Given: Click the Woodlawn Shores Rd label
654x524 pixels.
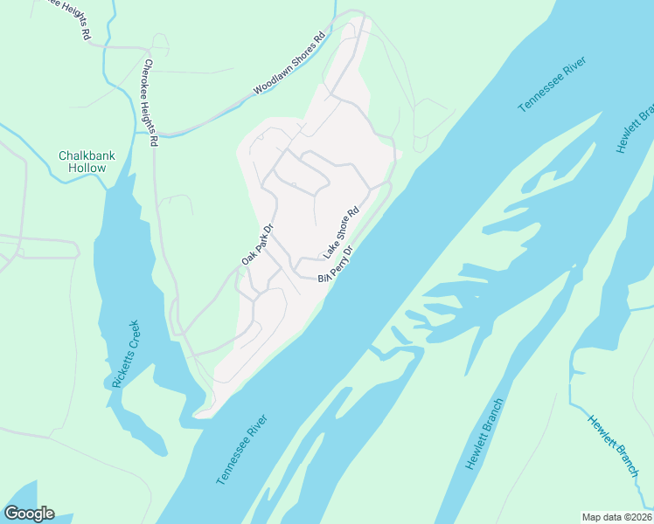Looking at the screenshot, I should pos(289,65).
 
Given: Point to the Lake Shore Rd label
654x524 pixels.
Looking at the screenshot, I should pos(342,232).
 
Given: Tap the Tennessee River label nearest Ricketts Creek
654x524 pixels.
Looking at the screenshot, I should pos(241,450).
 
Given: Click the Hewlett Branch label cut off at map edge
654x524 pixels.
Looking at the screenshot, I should pos(636,128).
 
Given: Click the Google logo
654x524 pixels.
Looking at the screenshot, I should pos(29,514).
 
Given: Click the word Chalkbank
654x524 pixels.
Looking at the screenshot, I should pos(87,155).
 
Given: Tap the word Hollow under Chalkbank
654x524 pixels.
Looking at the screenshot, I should pos(87,168).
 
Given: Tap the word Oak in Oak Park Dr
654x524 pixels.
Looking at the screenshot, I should pos(247,259).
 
